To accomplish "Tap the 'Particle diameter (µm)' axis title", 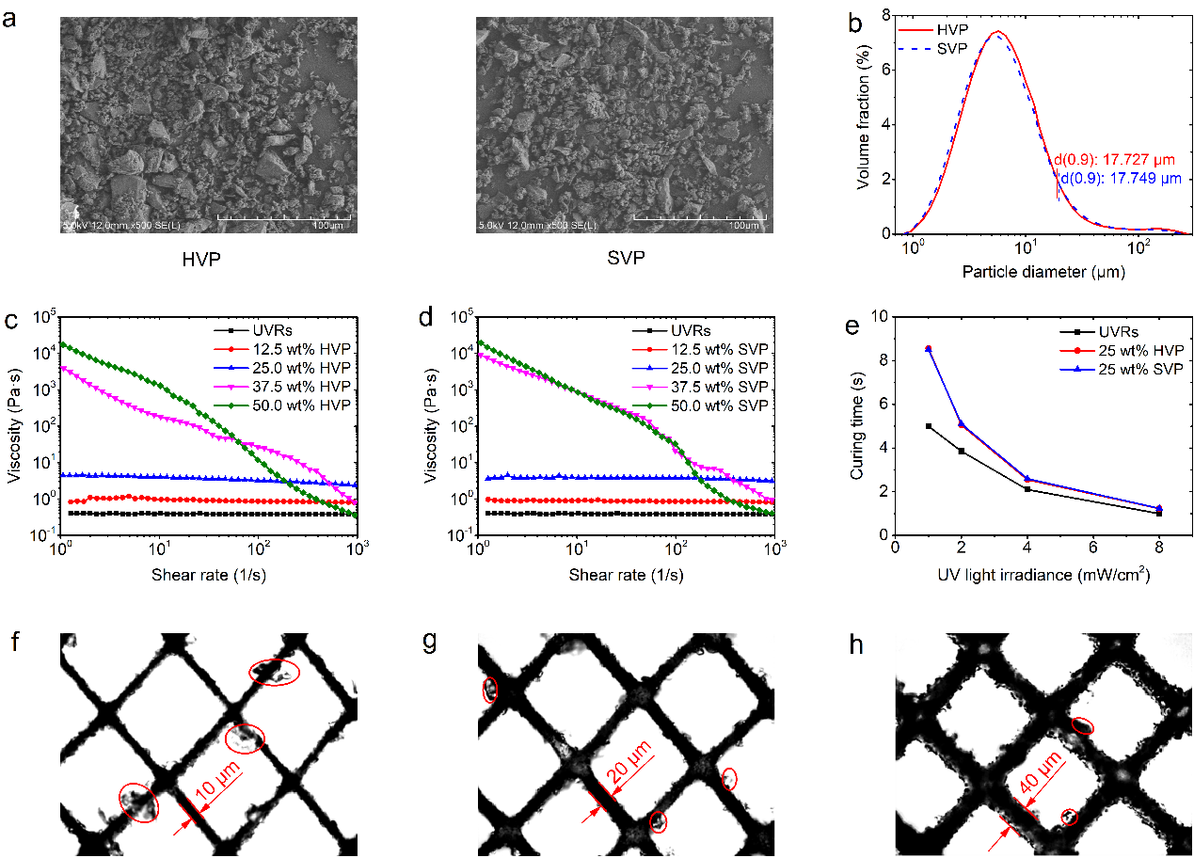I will pyautogui.click(x=1043, y=273).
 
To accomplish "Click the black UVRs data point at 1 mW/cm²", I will pyautogui.click(x=929, y=426).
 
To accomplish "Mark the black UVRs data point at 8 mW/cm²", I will pyautogui.click(x=1159, y=514).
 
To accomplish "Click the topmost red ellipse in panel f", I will pyautogui.click(x=275, y=672).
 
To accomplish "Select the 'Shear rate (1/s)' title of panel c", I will pyautogui.click(x=209, y=573).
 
